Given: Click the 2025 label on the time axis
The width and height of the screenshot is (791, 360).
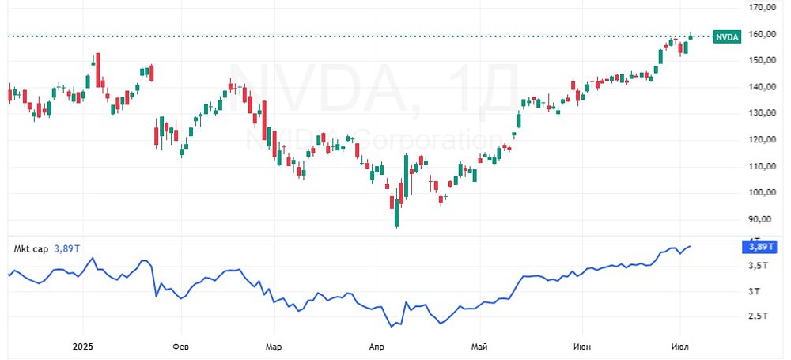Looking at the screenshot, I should coord(83,347).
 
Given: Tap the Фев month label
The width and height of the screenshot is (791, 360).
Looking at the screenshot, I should coord(180,347).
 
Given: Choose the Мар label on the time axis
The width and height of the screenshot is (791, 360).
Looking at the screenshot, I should coord(274,347).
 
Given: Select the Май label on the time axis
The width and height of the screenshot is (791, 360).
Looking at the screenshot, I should coord(479,347).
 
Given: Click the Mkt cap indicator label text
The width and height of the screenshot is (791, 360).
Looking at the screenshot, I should coord(30,248).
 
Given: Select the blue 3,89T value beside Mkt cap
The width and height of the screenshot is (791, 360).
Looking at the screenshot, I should coord(66,248).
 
